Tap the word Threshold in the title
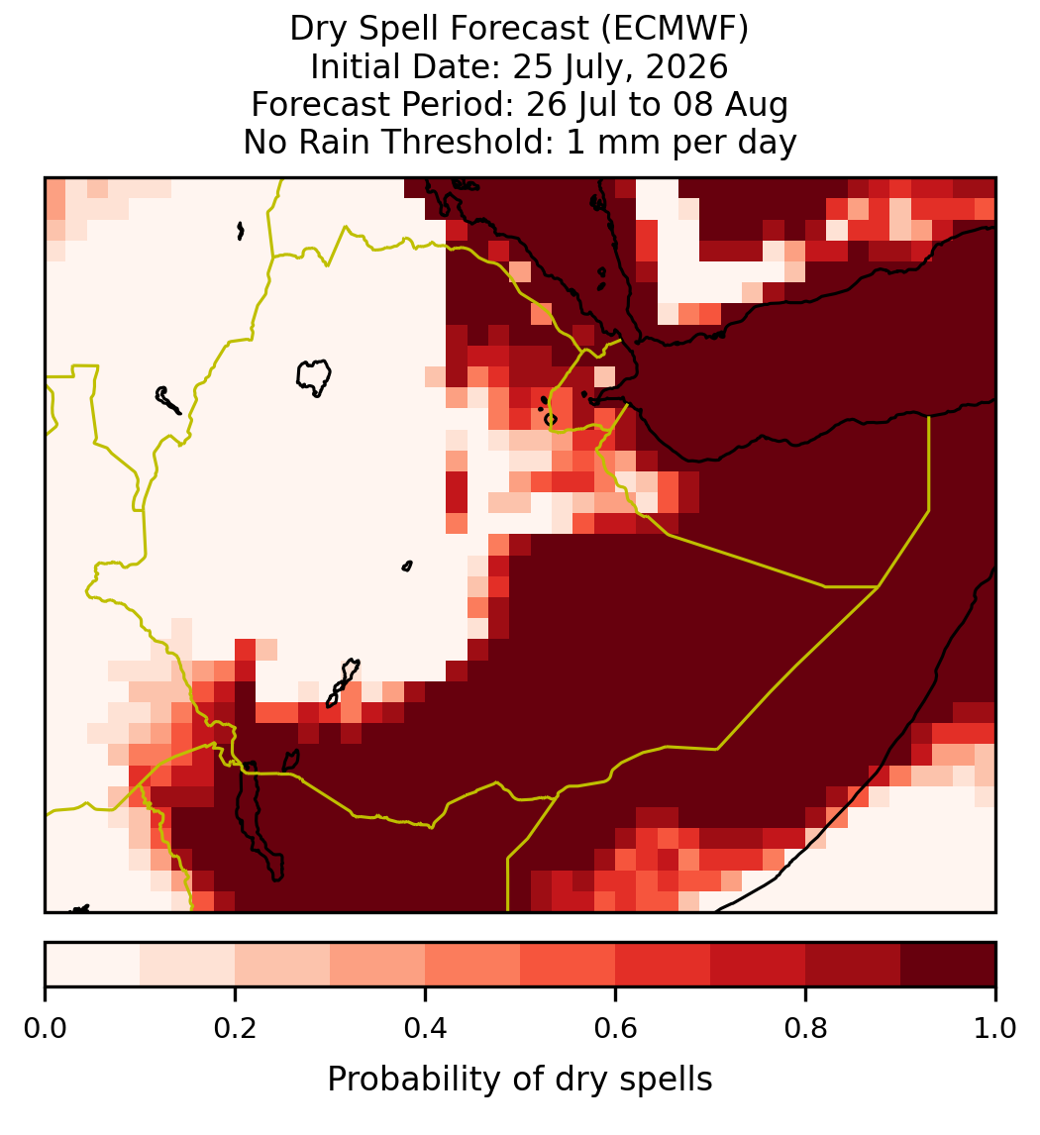coord(467,142)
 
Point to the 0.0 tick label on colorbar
coord(45,1028)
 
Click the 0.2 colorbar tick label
coord(235,1028)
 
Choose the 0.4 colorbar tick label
coord(426,1028)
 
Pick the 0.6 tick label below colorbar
coord(615,1028)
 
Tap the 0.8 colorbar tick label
coord(805,1028)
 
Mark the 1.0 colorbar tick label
coord(995,1028)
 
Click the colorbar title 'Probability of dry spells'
coord(520,1080)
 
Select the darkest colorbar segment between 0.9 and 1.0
coord(948,965)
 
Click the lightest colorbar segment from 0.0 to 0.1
coord(93,965)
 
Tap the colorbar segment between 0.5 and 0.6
coord(568,965)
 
